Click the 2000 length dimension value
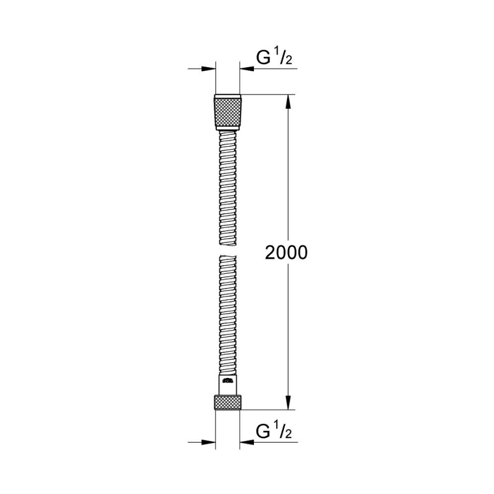(x=286, y=253)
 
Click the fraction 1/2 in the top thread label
(x=284, y=57)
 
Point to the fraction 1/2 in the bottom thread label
(x=284, y=431)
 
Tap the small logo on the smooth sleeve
(x=228, y=381)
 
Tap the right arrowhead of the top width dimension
(x=246, y=69)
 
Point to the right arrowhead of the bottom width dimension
(x=246, y=442)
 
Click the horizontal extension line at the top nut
(x=267, y=94)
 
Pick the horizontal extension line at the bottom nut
(x=267, y=409)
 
